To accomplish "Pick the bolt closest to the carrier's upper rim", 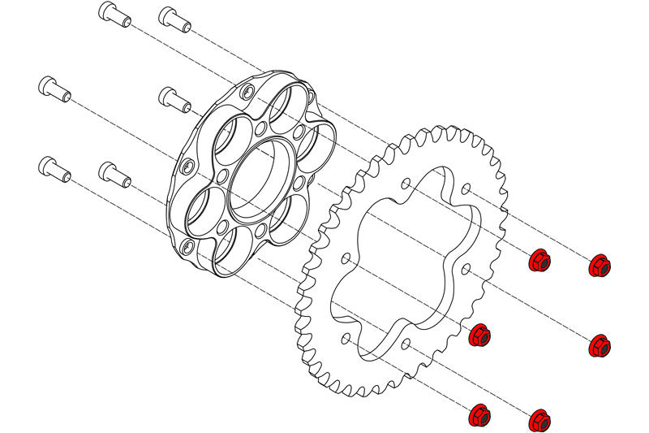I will pyautogui.click(x=174, y=98).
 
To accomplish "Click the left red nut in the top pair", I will pyautogui.click(x=539, y=261).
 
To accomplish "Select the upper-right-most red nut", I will pyautogui.click(x=600, y=265).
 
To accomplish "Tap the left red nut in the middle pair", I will pyautogui.click(x=480, y=334).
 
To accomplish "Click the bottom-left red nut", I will pyautogui.click(x=480, y=416).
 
